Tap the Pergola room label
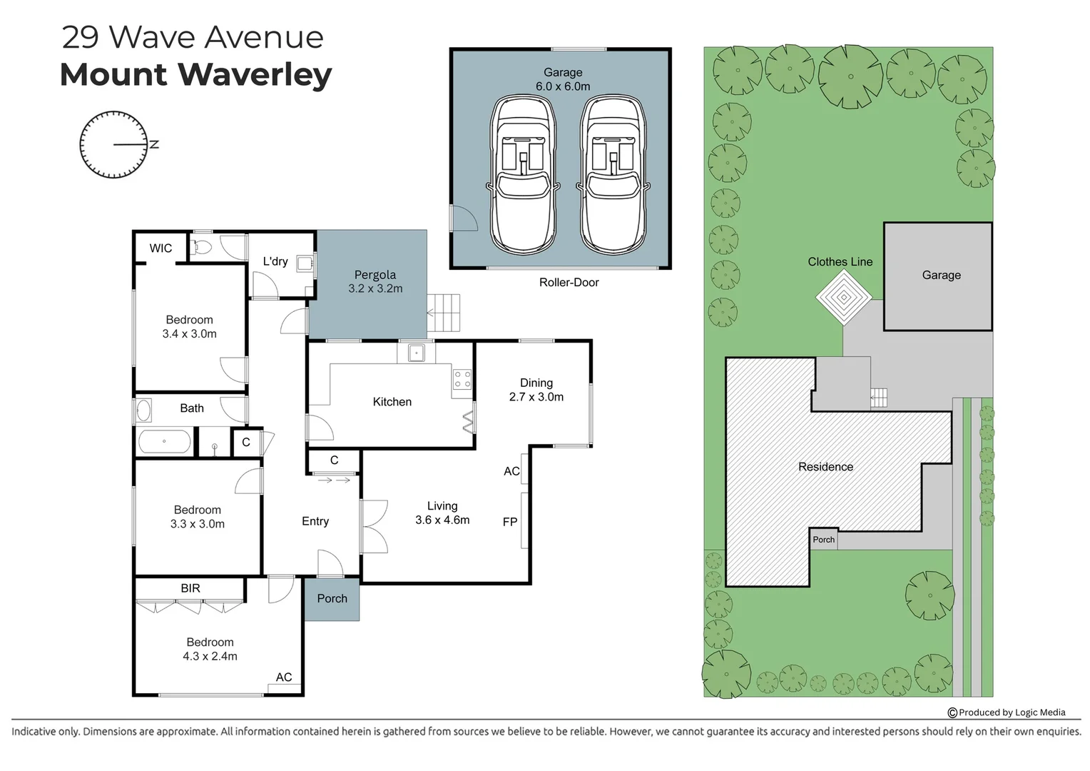375,275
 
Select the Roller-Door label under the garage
569,282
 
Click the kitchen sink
417,353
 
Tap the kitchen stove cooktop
462,378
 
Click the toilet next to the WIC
202,247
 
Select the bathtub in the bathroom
165,441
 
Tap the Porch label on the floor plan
332,599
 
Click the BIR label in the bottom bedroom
190,588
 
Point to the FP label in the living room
510,522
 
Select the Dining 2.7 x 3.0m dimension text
536,397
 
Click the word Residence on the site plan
825,467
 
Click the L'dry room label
275,261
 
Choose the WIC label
161,248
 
